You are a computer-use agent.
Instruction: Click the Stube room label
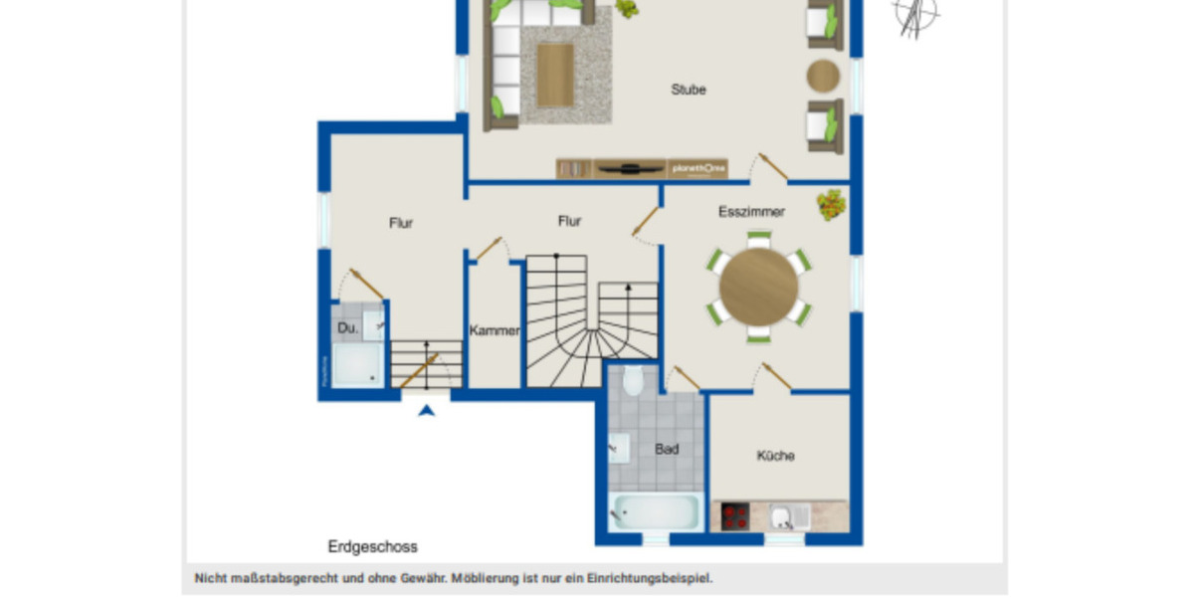point(689,90)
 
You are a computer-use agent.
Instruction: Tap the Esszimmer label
point(751,212)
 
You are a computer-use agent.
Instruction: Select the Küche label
point(775,456)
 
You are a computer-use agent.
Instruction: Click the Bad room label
point(667,450)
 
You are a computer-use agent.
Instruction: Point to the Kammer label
point(495,331)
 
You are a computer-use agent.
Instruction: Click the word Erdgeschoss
point(373,546)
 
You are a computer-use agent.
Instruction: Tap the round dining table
point(759,287)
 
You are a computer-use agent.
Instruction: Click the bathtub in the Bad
point(654,512)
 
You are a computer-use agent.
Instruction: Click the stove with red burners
point(735,516)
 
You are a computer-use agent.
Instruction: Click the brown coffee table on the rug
point(555,75)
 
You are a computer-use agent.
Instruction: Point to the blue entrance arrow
point(427,409)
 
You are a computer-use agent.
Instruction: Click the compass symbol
point(916,15)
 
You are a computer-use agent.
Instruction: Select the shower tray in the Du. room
point(356,365)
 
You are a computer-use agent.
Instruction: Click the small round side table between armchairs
point(823,76)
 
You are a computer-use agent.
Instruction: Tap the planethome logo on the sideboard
point(697,168)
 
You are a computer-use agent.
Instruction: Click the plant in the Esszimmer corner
point(832,204)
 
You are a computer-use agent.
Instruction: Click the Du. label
point(347,327)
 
